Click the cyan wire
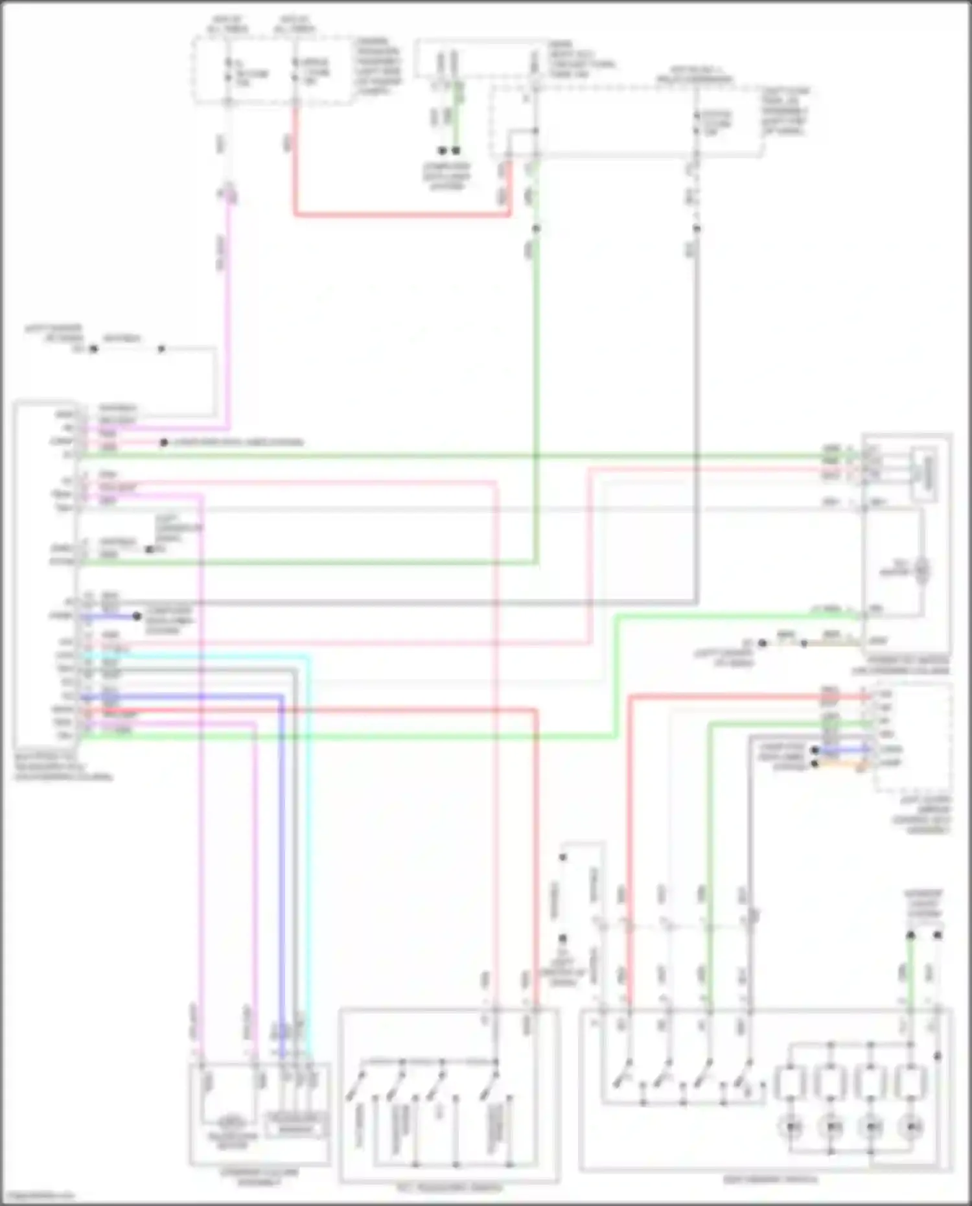point(307,842)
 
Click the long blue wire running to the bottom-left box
point(283,842)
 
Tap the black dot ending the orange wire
point(815,764)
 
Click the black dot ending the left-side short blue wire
point(137,616)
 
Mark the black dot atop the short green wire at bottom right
point(910,935)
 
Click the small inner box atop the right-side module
point(925,474)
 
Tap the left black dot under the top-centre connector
point(442,150)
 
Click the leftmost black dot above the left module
point(93,349)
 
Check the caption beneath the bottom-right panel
point(770,1179)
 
